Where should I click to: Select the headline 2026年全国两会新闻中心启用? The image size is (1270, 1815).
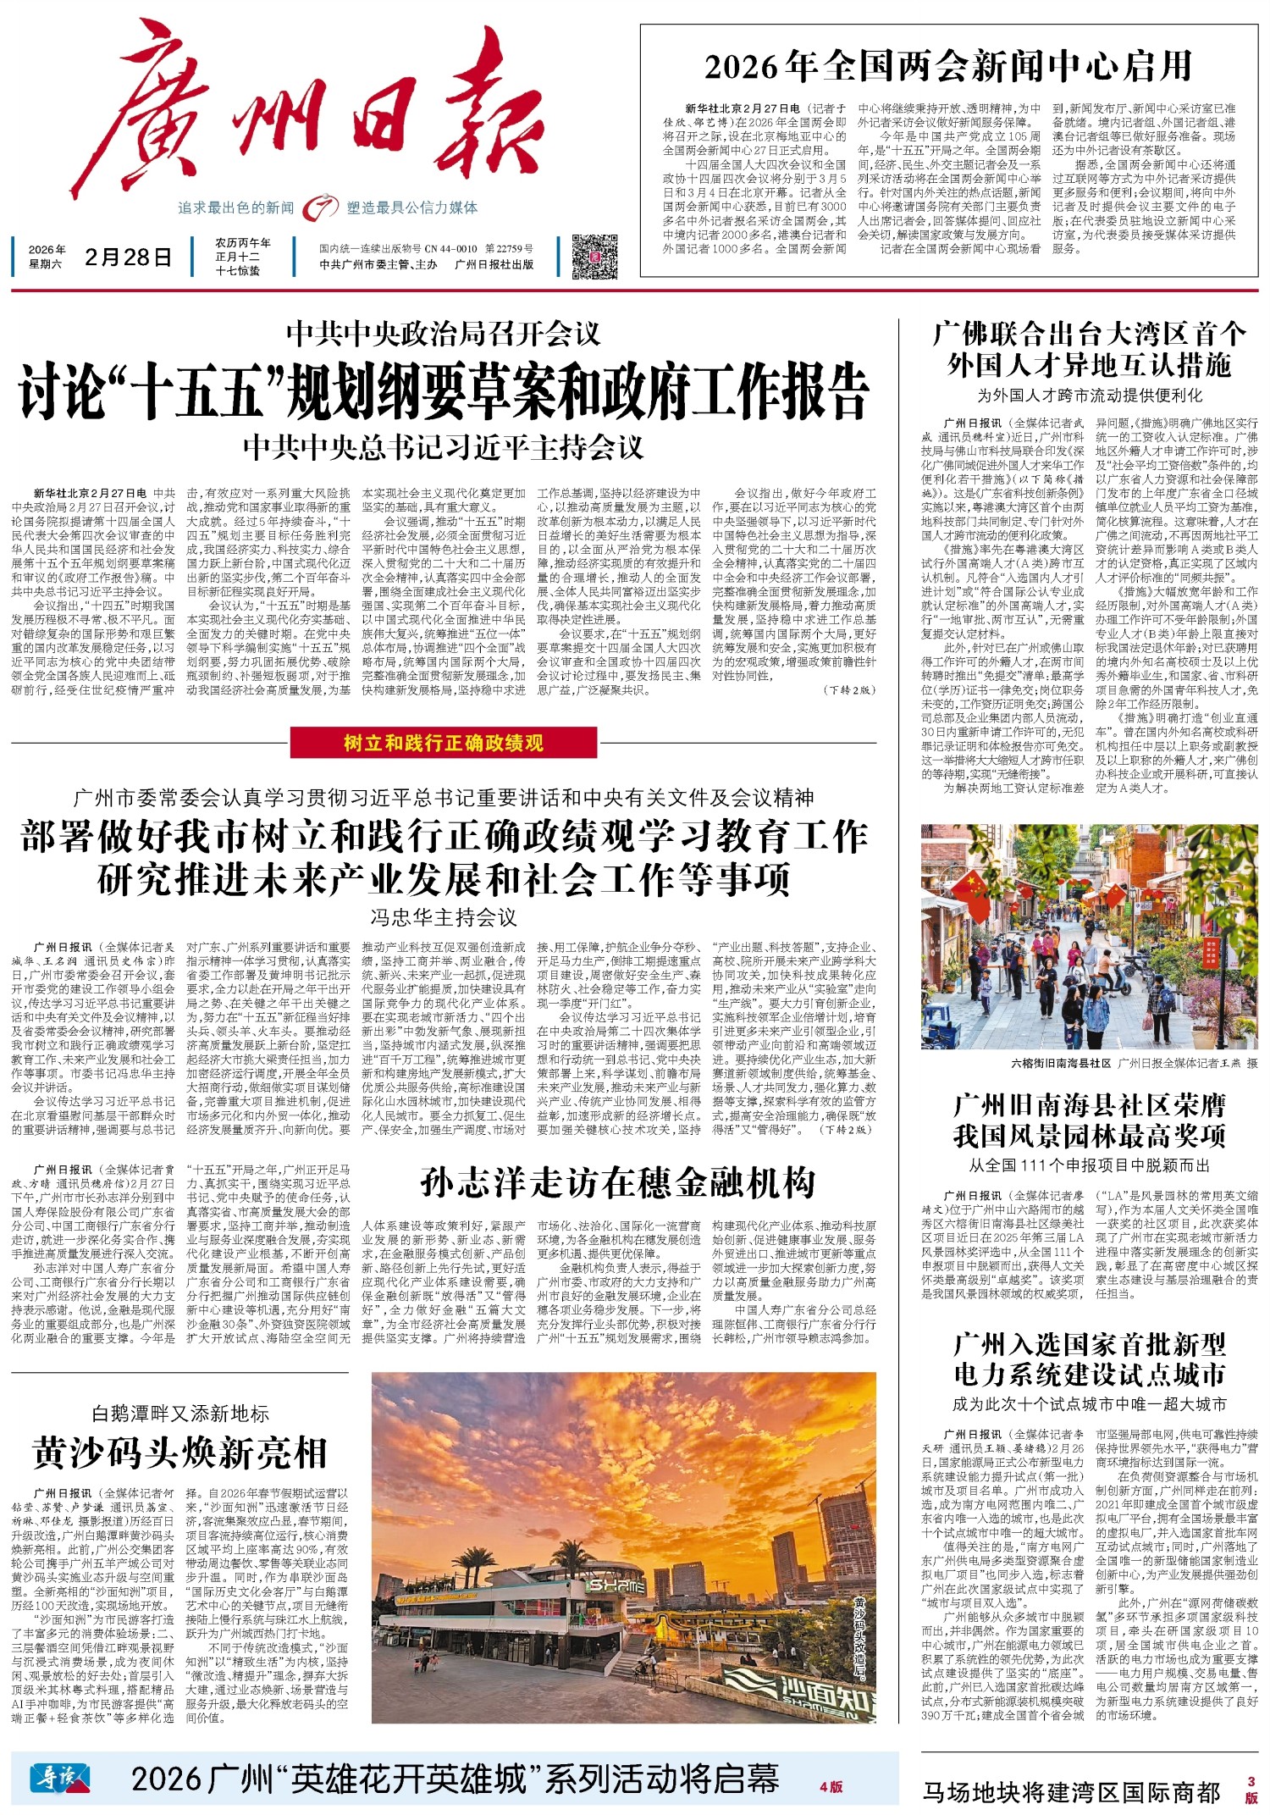(x=947, y=67)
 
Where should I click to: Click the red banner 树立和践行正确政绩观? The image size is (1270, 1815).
(x=443, y=743)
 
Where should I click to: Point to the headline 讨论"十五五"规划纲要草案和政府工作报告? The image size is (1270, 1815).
(x=444, y=391)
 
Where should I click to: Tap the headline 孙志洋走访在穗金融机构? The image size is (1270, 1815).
(x=617, y=1182)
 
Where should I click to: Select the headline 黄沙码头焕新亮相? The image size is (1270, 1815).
(x=179, y=1453)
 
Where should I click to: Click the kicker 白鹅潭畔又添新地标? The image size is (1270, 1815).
(x=179, y=1413)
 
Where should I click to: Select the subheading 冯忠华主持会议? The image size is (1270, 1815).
(x=443, y=917)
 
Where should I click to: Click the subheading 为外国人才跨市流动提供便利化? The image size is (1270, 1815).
(x=1089, y=395)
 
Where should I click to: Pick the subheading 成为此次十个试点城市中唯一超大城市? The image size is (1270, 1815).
(x=1089, y=1403)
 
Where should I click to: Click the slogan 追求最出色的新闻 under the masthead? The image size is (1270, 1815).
(x=235, y=208)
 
